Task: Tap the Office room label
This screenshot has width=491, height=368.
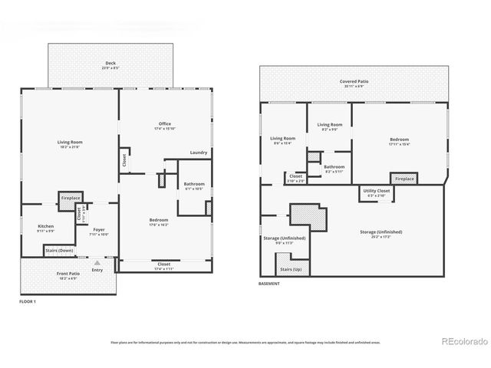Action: [164, 123]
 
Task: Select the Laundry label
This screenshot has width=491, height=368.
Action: [199, 152]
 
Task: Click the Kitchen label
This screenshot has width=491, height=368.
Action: [45, 226]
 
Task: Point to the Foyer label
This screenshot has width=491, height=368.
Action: [99, 229]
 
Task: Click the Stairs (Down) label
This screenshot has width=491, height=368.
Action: [59, 250]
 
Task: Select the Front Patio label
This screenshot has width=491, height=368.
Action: [68, 273]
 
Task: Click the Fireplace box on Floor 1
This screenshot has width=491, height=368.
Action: [71, 199]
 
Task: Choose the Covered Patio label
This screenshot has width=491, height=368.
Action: [354, 81]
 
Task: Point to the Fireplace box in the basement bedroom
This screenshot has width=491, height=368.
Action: [404, 179]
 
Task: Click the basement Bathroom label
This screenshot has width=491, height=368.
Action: [334, 166]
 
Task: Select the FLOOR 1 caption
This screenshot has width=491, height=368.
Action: [28, 302]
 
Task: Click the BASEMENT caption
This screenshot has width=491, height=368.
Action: [269, 284]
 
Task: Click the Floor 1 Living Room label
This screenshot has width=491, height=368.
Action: [70, 143]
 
